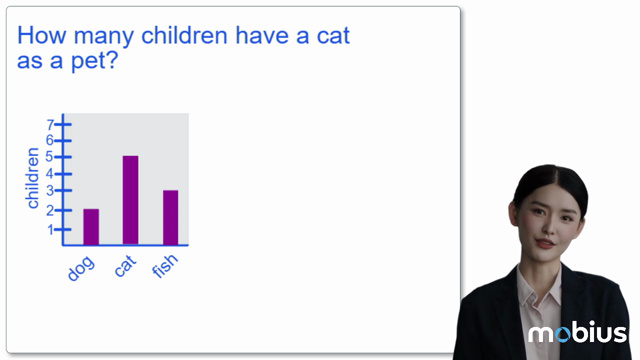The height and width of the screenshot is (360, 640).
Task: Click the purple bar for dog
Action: coord(91,227)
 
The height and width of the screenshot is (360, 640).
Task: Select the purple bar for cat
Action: coord(130,200)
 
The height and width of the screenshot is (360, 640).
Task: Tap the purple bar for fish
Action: coord(170,217)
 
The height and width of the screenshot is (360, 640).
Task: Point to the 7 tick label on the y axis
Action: coord(50,124)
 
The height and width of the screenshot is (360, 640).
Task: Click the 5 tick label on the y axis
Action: coord(50,157)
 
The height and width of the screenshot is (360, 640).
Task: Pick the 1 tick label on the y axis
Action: coord(50,229)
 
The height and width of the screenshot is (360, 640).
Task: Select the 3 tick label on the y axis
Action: coord(50,190)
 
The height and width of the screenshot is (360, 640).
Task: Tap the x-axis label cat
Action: coord(125,267)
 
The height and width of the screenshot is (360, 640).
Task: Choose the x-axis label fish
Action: coord(165,269)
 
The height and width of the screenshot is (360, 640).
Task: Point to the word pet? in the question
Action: coord(95,60)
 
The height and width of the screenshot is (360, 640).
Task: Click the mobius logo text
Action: coord(577,334)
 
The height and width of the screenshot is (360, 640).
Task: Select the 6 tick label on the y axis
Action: coord(50,140)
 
